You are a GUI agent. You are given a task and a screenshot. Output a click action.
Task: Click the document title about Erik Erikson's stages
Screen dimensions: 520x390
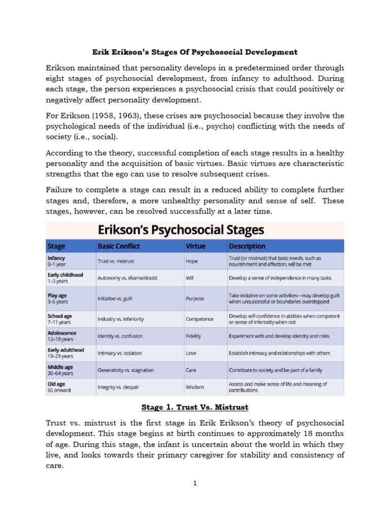[x=194, y=52]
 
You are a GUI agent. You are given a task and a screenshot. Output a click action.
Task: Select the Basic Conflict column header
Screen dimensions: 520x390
[x=118, y=246]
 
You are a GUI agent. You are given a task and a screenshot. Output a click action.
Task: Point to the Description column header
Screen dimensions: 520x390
[x=247, y=246]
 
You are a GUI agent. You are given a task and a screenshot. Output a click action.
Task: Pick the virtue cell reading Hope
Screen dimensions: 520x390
[x=192, y=262]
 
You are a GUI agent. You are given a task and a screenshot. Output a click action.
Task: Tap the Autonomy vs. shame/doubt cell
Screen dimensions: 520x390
[x=127, y=279]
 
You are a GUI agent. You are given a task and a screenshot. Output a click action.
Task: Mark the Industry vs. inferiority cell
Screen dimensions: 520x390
[x=120, y=319]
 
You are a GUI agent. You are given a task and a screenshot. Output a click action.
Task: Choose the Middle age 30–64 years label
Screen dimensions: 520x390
[x=60, y=370]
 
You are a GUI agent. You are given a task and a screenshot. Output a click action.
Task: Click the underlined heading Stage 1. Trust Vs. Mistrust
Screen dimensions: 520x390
[x=195, y=407]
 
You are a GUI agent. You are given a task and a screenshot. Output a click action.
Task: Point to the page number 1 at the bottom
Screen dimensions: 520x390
[x=194, y=483]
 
